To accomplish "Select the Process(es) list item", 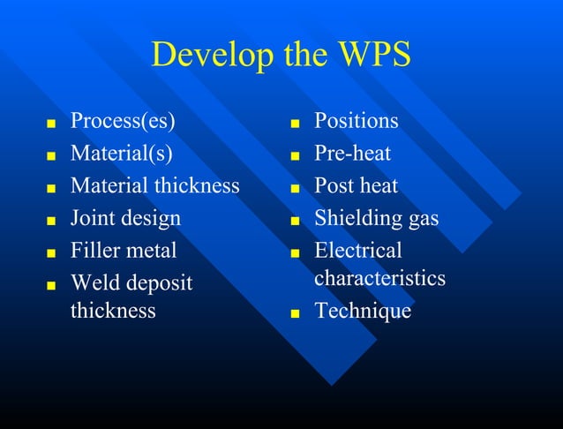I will point(129,121).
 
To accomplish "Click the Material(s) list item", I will point(122,154).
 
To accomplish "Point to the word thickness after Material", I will point(197,185).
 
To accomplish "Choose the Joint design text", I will point(125,218).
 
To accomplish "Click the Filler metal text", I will point(124,250).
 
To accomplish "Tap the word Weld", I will point(93,282).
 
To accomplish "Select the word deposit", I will point(156,283).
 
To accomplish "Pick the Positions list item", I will point(357,121).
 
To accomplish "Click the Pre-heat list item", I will point(353,154).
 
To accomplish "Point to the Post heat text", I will point(357,185).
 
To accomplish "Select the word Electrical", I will point(358,250).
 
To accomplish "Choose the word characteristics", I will point(379,278).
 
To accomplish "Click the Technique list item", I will point(363,311).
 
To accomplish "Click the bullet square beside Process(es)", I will point(51,123).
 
